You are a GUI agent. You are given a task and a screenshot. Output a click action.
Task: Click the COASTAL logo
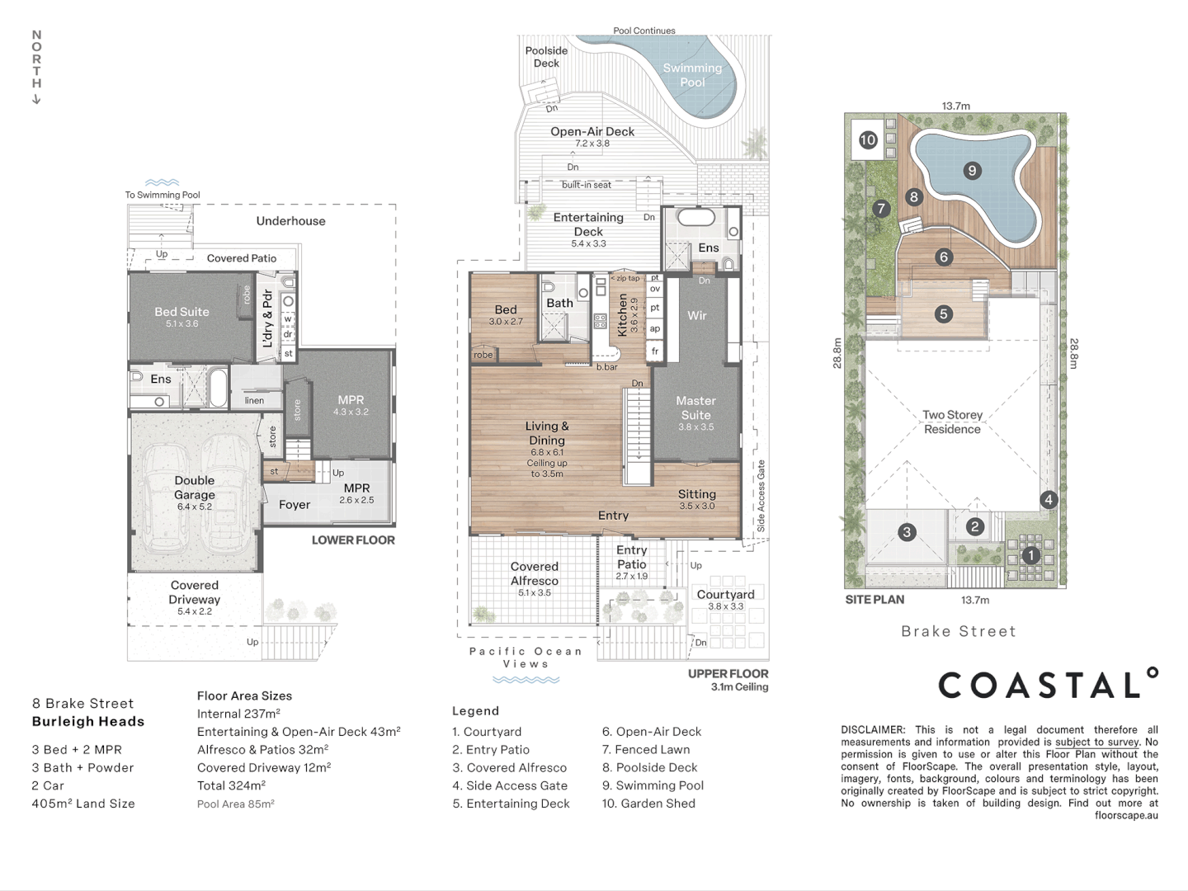1047,685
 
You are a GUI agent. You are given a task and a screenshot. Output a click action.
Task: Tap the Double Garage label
195,488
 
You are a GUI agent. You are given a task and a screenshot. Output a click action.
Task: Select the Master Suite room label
695,408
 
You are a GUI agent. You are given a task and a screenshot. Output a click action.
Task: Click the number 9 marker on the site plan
972,171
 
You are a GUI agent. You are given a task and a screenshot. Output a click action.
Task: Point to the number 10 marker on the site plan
867,140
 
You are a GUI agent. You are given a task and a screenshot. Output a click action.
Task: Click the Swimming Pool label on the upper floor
692,75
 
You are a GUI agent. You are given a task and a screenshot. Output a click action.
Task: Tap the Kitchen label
623,314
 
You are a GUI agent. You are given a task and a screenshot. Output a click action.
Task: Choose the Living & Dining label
547,433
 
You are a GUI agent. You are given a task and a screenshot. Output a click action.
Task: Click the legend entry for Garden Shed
648,804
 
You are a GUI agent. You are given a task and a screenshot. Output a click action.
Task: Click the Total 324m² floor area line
230,785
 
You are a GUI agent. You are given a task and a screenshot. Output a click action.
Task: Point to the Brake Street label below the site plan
958,631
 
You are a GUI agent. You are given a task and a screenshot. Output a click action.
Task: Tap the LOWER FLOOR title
353,540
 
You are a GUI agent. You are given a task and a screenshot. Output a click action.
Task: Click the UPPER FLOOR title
728,673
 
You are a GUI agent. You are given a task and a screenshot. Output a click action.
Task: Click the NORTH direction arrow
36,99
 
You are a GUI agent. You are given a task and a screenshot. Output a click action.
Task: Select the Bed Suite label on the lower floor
181,312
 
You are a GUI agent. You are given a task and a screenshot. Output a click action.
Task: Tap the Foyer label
294,505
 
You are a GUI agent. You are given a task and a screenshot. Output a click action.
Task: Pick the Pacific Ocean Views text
526,658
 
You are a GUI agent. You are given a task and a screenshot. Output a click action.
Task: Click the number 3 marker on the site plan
907,532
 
